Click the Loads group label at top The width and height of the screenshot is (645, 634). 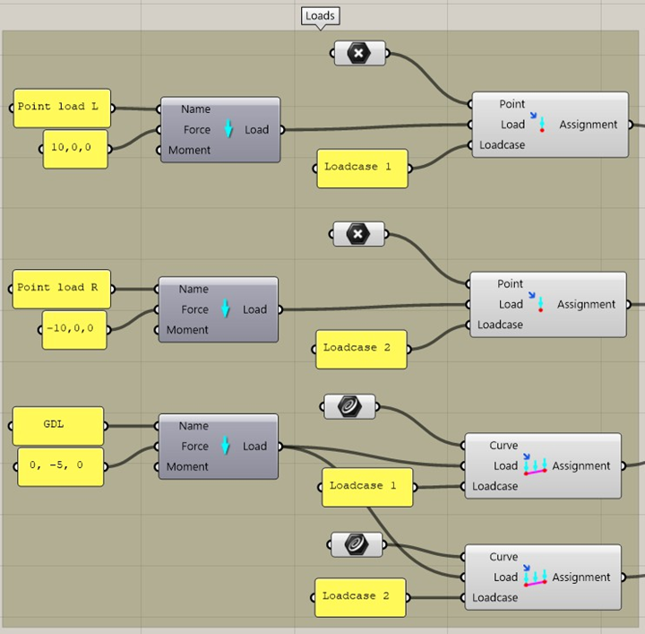[320, 16]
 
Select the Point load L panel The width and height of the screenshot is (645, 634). [59, 107]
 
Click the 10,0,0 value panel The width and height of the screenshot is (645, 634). [76, 148]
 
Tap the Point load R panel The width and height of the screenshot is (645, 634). [61, 288]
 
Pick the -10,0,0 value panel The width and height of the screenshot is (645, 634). [75, 329]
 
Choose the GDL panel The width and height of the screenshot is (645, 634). [58, 425]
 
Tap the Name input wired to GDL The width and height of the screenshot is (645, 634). [193, 426]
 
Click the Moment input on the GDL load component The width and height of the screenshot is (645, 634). [187, 467]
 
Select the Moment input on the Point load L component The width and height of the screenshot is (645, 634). [189, 151]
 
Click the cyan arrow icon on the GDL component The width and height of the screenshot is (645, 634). [226, 447]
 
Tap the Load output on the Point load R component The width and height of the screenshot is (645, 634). [255, 309]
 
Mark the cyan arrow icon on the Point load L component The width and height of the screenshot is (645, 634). [228, 130]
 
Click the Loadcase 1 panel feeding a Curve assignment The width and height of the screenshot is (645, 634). [366, 487]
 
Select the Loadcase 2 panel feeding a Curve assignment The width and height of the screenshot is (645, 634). [359, 596]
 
